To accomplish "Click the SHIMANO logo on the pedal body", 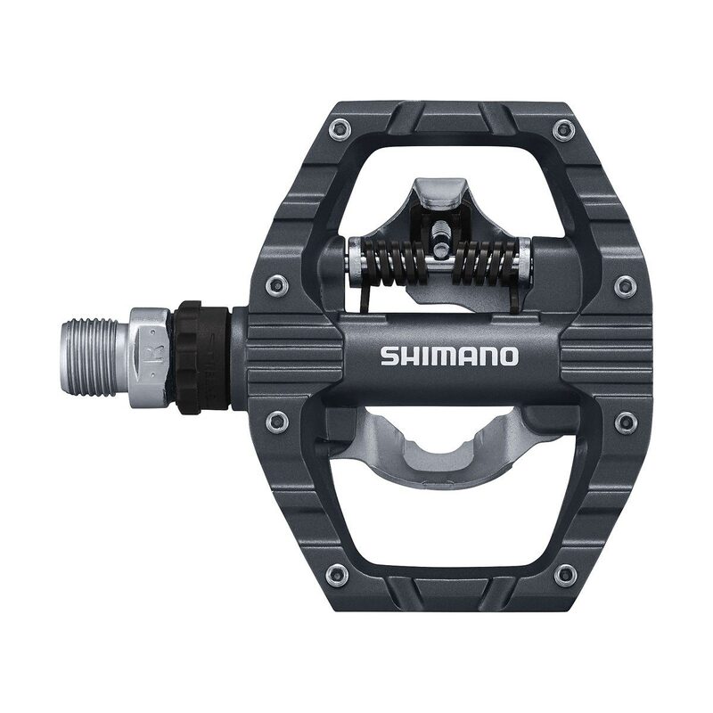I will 449,356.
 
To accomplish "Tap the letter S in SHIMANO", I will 389,356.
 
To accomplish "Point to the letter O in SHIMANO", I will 508,356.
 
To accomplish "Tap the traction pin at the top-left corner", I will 338,130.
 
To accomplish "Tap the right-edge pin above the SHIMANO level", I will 625,285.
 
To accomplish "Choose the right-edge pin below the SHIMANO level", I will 625,422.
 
